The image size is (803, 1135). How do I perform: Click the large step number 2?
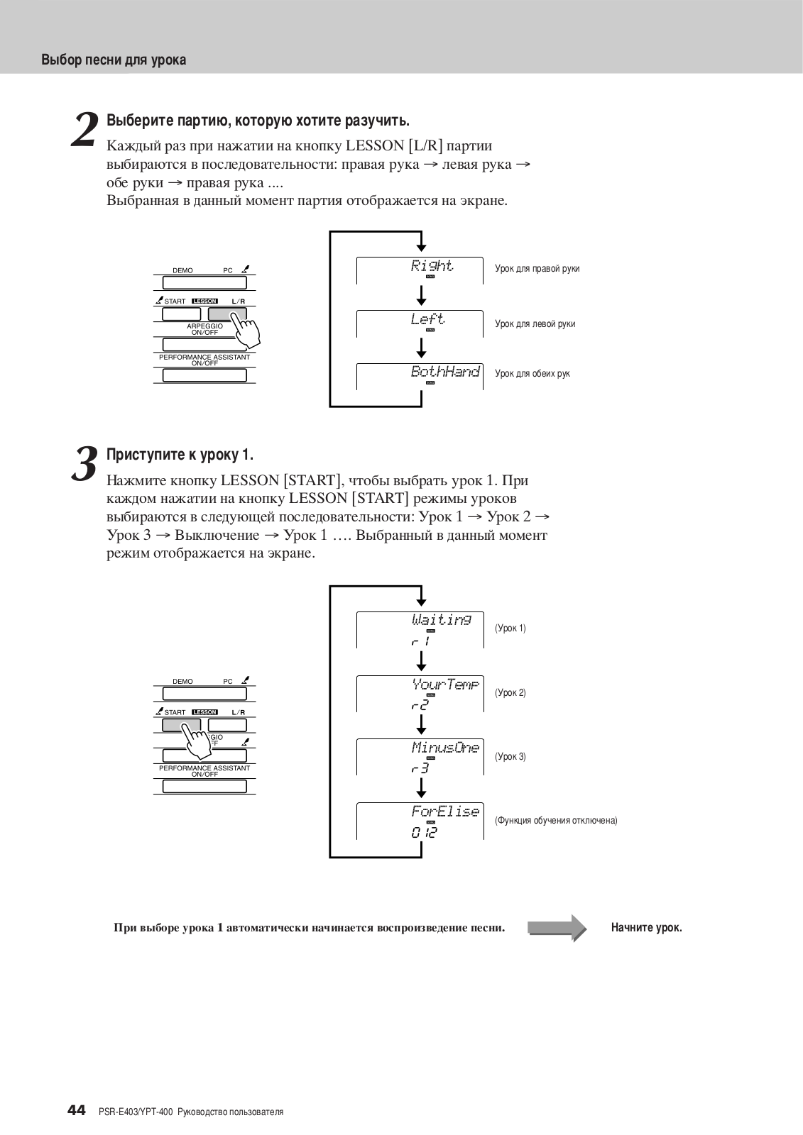pos(85,131)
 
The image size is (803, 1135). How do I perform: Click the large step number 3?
pos(85,465)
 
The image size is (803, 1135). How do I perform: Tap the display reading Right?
pos(432,266)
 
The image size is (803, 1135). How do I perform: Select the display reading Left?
pos(427,319)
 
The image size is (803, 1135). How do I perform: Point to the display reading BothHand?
pos(445,372)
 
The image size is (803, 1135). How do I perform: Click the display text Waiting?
pos(441,620)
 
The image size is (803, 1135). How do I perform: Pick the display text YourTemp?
pos(445,685)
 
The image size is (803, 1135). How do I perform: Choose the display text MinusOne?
pos(445,748)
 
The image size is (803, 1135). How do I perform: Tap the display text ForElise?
pos(445,812)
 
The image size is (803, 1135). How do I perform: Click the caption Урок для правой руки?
pos(537,269)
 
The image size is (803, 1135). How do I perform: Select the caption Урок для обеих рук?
pos(532,374)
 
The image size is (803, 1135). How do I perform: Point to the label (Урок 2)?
pos(510,693)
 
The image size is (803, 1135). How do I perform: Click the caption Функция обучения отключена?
pos(556,821)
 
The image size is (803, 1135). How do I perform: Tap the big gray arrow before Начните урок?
pos(557,928)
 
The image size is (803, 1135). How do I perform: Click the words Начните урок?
pos(646,928)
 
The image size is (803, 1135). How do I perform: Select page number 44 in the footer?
pos(77,1109)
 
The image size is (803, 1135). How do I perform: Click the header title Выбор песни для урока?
pos(114,60)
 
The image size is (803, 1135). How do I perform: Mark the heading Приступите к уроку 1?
pos(180,455)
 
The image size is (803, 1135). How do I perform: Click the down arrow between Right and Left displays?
pos(422,293)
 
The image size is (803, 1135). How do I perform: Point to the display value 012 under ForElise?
pos(424,833)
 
